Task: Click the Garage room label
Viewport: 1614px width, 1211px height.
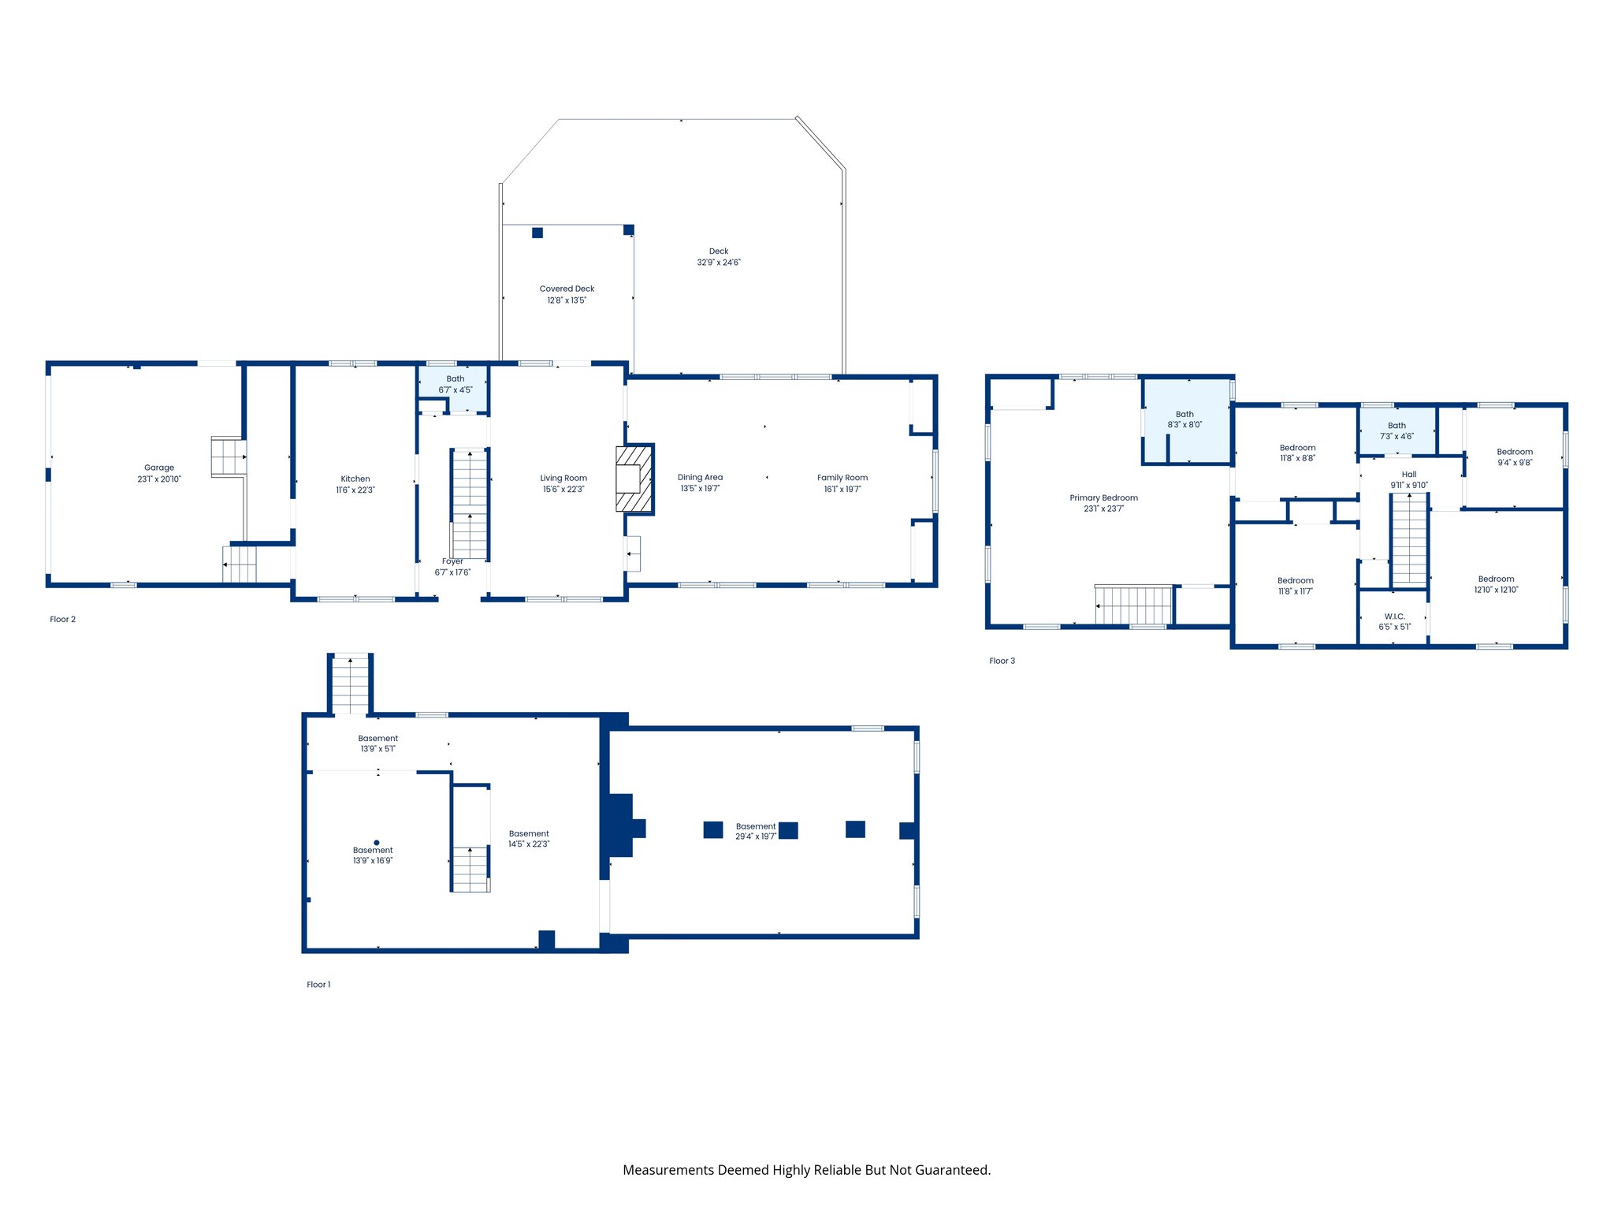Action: click(159, 468)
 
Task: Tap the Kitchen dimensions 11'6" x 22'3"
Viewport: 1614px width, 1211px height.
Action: click(355, 490)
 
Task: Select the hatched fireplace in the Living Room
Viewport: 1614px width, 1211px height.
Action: click(634, 479)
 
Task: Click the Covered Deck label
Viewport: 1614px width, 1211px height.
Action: click(567, 289)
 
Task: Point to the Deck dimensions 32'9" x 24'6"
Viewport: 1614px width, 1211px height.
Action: click(719, 263)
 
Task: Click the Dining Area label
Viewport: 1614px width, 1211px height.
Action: click(700, 477)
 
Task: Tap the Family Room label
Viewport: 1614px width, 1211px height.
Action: click(842, 477)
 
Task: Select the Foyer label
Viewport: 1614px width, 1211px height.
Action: click(452, 561)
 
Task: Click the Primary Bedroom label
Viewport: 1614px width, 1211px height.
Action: click(1103, 497)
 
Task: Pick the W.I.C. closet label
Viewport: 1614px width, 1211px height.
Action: click(1394, 617)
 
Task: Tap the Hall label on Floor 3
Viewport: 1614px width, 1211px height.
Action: click(1409, 475)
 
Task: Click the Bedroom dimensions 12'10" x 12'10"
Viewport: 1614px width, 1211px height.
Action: click(1496, 590)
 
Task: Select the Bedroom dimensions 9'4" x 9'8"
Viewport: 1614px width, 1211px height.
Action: click(1515, 463)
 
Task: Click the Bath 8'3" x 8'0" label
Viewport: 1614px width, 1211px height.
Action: click(1184, 419)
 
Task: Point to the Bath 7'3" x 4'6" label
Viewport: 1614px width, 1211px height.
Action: click(1396, 430)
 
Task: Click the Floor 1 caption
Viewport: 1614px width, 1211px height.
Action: click(318, 985)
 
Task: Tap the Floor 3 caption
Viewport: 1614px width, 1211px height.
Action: click(1002, 661)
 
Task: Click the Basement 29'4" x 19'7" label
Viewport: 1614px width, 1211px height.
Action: click(756, 831)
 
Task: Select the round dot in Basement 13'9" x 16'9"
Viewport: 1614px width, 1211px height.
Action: click(377, 843)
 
